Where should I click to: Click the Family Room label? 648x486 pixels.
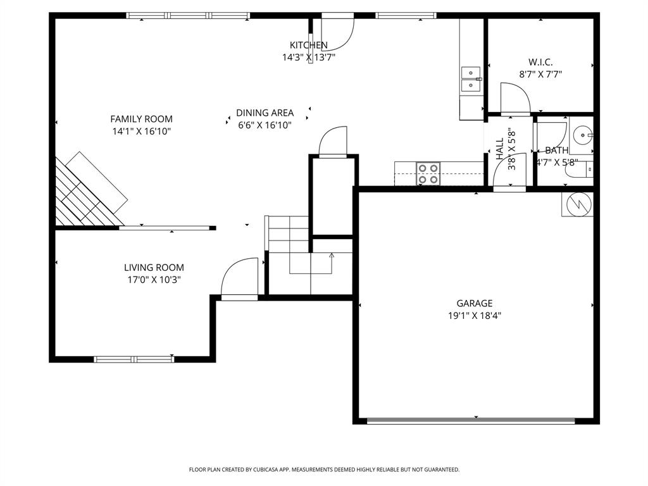pos(141,119)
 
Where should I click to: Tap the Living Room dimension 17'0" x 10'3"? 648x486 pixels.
pos(154,280)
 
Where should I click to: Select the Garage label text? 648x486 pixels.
pos(475,304)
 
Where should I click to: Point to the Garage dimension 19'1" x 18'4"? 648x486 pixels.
pos(475,315)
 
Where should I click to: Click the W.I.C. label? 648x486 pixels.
pos(540,62)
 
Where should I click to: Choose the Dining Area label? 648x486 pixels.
pos(265,113)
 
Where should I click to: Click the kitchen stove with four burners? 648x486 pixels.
pos(428,173)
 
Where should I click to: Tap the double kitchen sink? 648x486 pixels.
pos(470,79)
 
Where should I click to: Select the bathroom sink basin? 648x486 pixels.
pos(582,134)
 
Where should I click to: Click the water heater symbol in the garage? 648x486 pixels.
pos(577,204)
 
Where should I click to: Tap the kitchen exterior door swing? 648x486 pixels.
pos(337,32)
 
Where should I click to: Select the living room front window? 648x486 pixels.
pos(134,359)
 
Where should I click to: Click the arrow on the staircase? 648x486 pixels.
pos(332,256)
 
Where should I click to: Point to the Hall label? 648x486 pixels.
pos(500,149)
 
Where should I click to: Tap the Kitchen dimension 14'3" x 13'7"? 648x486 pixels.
pos(308,57)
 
